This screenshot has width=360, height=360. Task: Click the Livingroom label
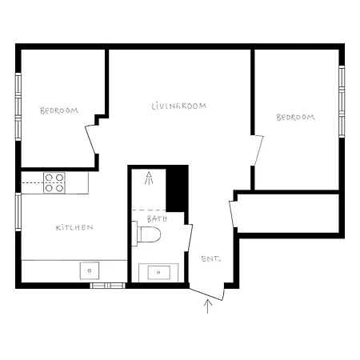click(x=179, y=106)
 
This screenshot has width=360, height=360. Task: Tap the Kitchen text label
click(x=74, y=227)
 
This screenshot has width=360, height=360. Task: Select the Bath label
click(x=157, y=219)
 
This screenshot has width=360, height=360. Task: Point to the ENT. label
click(x=210, y=258)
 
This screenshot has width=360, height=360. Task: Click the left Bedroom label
click(x=59, y=110)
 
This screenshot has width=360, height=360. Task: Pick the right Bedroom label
click(x=295, y=117)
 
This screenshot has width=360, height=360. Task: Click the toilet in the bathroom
click(x=146, y=234)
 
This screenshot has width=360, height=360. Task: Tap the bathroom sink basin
click(x=158, y=272)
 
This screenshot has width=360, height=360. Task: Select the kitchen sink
click(x=90, y=270)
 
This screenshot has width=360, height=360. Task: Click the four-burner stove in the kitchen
click(x=54, y=182)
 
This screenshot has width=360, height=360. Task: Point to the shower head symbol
click(x=149, y=178)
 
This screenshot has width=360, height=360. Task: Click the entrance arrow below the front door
click(x=208, y=306)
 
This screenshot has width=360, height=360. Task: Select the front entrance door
click(x=206, y=294)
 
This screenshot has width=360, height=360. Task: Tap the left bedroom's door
click(x=90, y=140)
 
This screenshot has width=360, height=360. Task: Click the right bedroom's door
click(x=258, y=150)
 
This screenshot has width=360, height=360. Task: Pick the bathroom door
click(x=190, y=238)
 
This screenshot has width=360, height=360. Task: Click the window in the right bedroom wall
click(x=342, y=102)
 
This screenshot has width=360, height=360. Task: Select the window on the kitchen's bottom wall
click(x=107, y=286)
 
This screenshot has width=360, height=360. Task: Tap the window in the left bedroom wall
click(x=18, y=106)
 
